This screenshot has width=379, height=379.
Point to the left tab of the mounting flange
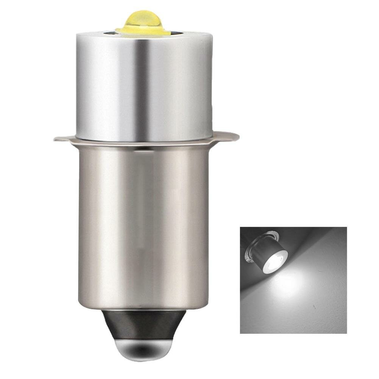(x=62, y=138)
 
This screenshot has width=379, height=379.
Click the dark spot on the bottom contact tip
(x=143, y=350)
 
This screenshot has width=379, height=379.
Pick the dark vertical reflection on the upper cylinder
(x=140, y=87)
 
